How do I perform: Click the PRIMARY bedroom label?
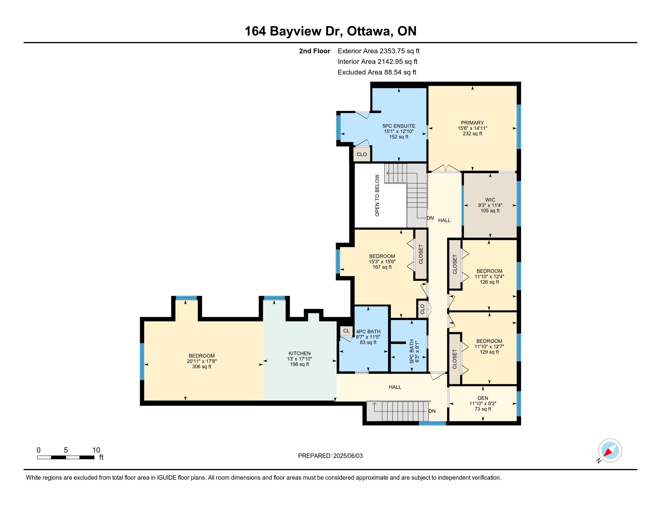pos(472,123)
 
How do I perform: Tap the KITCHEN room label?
pos(299,353)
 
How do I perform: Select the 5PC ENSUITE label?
pos(399,126)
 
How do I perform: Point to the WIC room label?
pos(490,200)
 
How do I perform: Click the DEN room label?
pos(483,398)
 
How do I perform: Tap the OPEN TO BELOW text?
pos(377,196)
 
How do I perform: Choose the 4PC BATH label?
pos(368,332)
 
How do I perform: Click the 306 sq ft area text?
pos(202,367)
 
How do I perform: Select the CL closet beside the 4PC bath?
pos(346,331)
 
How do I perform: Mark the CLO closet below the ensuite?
pos(362,154)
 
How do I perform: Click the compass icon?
pos(610,450)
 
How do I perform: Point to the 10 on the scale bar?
pos(96,450)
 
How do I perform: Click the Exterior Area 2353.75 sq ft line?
pos(379,51)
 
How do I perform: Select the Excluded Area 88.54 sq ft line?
pos(377,72)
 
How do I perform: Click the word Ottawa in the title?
pos(368,31)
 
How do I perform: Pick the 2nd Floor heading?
pos(315,51)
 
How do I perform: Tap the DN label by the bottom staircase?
pos(432,411)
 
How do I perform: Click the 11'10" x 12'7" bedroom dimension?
pos(489,346)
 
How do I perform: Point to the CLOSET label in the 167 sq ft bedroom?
pos(420,254)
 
